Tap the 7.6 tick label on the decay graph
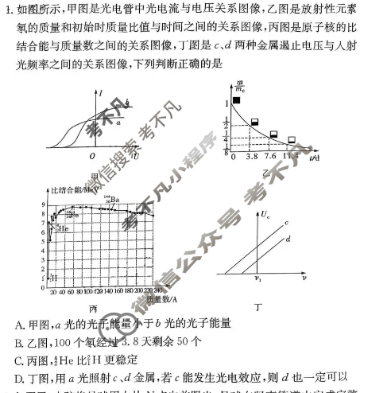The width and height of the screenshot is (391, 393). [270, 157]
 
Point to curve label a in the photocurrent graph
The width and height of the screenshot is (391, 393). [119, 122]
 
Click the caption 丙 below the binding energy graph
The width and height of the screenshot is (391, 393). [93, 307]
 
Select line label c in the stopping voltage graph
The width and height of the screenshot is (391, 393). [286, 221]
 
